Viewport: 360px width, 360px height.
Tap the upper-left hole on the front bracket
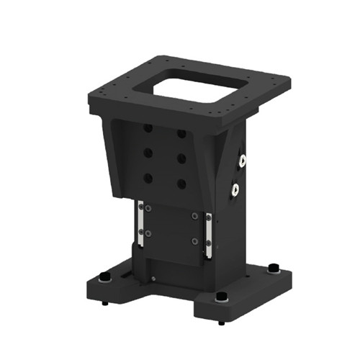coord(148,127)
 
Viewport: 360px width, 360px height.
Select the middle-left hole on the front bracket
coord(148,153)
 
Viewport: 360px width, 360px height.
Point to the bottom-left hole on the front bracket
coord(148,177)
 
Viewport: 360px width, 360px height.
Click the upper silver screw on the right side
coord(243,160)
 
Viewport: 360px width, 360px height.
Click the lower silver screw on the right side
coord(235,190)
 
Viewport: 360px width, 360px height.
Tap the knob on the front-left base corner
coord(106,279)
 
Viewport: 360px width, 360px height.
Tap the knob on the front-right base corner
coord(221,298)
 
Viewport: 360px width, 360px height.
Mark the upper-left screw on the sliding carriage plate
coord(148,209)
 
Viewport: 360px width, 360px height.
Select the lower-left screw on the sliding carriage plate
coord(148,233)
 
